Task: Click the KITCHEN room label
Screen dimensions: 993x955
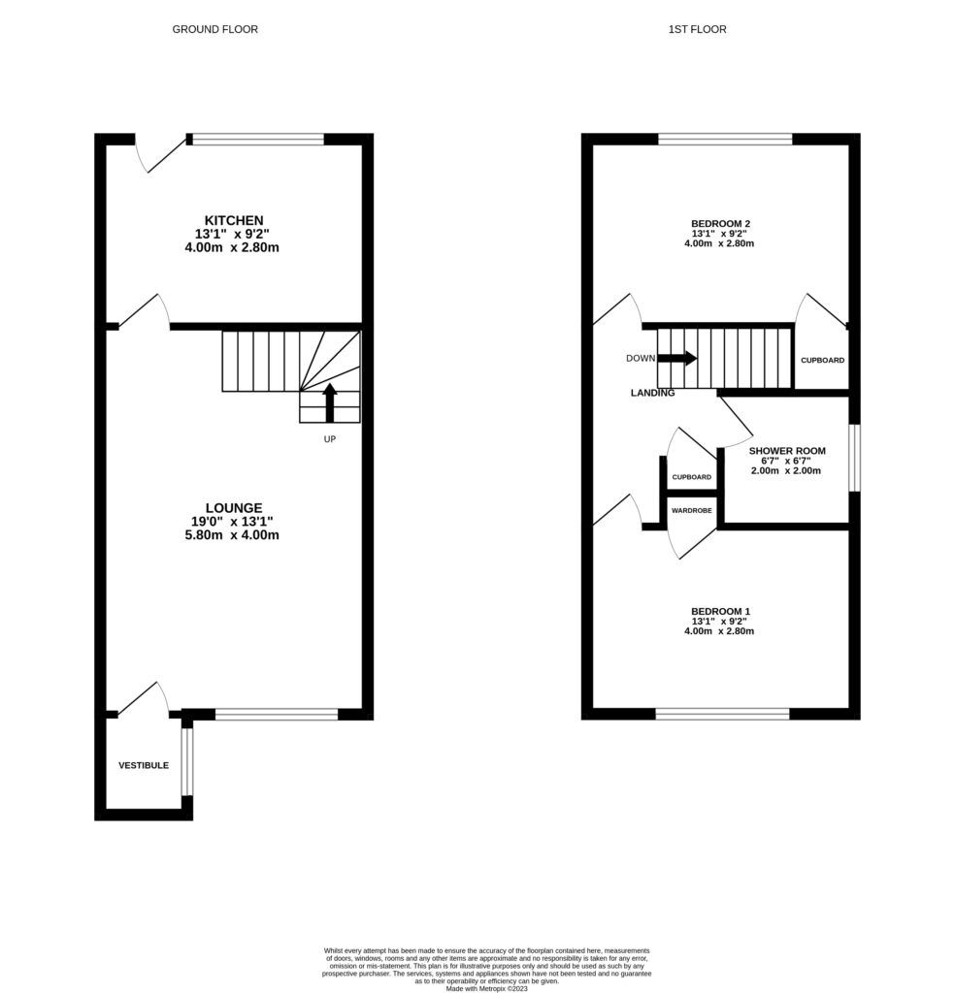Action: click(x=233, y=220)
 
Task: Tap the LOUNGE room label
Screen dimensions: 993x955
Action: click(x=233, y=507)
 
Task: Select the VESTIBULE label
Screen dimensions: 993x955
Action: click(x=144, y=765)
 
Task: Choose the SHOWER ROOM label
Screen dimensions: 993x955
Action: click(x=787, y=451)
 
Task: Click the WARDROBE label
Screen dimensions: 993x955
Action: click(x=691, y=510)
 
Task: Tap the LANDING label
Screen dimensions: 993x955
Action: click(x=652, y=393)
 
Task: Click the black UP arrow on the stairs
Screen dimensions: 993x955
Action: click(x=329, y=401)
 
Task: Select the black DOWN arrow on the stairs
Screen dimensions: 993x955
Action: click(x=677, y=358)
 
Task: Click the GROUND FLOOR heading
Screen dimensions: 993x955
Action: click(x=215, y=29)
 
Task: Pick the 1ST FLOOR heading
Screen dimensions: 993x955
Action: click(x=697, y=29)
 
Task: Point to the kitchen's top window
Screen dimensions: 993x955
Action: click(x=258, y=140)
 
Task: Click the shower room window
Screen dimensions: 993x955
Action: click(x=854, y=458)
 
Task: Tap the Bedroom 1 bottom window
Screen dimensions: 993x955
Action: click(x=722, y=714)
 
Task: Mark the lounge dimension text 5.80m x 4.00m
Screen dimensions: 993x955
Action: click(x=233, y=535)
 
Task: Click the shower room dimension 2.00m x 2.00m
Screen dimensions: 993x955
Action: click(x=786, y=471)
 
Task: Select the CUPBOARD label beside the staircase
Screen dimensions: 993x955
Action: click(x=822, y=360)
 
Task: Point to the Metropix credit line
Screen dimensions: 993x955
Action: click(x=485, y=988)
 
